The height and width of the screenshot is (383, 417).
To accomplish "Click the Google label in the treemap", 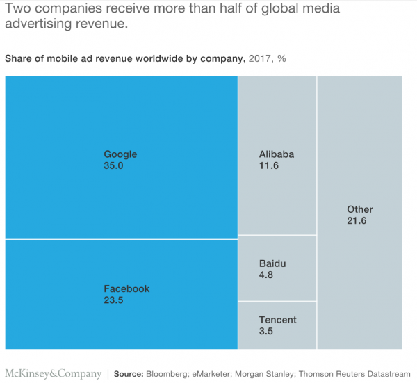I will (x=120, y=154).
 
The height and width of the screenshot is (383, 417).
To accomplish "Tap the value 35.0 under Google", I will (x=113, y=167).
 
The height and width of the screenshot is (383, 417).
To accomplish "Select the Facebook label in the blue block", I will (x=126, y=288).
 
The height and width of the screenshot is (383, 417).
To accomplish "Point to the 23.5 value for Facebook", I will (x=113, y=301).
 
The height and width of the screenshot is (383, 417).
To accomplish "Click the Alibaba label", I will (x=277, y=154).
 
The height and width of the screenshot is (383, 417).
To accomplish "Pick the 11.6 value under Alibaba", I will (x=268, y=167).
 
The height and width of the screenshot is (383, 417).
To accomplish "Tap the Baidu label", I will (x=272, y=263).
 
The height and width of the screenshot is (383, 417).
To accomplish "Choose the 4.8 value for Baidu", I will (x=266, y=276).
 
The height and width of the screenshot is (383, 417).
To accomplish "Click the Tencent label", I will (x=277, y=320).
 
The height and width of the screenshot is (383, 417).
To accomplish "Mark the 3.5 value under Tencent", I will (x=266, y=332).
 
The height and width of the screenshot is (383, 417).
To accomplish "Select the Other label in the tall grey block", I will (x=359, y=209).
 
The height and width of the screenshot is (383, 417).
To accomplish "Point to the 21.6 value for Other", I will (x=356, y=221).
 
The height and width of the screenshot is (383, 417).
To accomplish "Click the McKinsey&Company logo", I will (x=53, y=374).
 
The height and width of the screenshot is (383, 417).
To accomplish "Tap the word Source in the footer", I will (x=129, y=374).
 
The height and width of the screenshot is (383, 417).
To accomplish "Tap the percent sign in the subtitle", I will (x=281, y=58).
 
